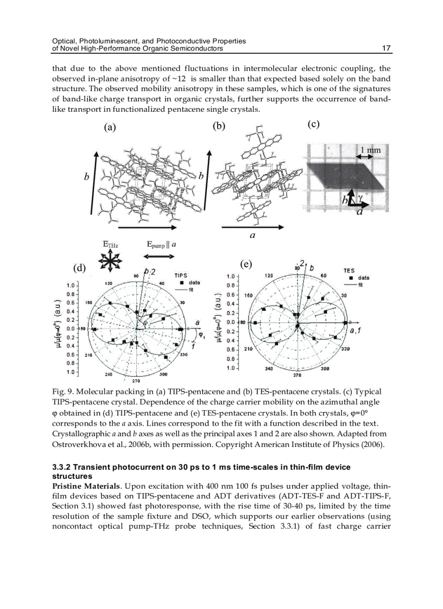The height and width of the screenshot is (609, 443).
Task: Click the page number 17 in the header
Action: click(x=387, y=48)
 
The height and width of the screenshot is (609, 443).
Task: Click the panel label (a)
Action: click(x=110, y=127)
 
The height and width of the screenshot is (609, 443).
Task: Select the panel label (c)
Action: click(x=313, y=124)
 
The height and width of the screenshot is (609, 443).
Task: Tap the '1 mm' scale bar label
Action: click(x=370, y=149)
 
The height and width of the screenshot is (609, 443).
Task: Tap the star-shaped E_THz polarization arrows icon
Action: click(x=110, y=262)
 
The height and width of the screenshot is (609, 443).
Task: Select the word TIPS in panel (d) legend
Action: click(x=181, y=275)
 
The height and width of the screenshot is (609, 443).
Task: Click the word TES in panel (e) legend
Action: click(x=349, y=270)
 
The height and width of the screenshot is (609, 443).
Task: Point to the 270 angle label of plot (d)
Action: click(x=136, y=381)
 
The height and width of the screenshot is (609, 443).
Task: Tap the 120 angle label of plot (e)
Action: click(x=268, y=275)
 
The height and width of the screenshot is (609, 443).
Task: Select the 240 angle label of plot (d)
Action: click(x=108, y=374)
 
